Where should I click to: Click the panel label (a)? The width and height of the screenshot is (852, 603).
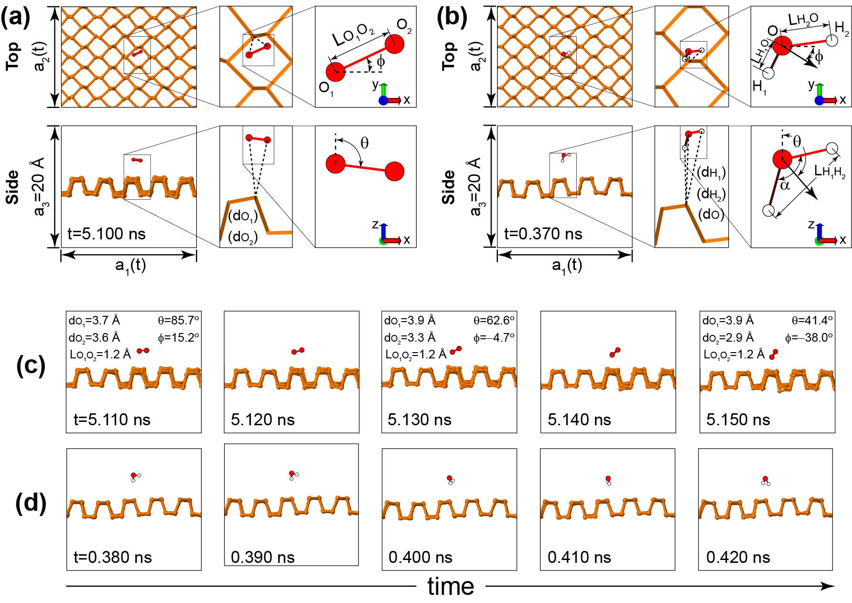coord(16,18)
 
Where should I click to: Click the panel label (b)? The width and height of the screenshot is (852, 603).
coord(452,18)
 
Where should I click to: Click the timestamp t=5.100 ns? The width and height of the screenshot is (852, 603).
coord(107,234)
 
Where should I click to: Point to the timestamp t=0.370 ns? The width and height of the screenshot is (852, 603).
coord(543,234)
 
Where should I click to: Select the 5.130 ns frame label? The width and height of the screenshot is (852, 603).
coord(419,420)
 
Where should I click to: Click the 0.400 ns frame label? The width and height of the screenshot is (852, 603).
coord(420,557)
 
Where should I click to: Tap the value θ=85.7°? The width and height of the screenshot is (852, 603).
coord(178,320)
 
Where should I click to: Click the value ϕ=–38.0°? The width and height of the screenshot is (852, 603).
coord(809,338)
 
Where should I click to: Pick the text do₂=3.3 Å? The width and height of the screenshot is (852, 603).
coord(410,338)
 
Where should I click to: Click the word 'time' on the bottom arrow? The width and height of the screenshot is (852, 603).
coord(451,586)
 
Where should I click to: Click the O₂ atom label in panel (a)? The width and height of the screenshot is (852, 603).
coord(404,26)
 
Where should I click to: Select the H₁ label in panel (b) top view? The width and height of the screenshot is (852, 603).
coord(759,87)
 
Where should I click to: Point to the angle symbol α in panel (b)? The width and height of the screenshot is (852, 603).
coord(785,185)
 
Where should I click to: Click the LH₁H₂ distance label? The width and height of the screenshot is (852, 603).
coord(830,171)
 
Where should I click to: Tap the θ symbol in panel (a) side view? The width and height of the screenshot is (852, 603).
coord(364,143)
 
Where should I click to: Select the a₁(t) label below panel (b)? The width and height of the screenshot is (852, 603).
coord(567,266)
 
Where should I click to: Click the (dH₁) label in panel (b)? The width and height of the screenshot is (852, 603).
coord(711,173)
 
